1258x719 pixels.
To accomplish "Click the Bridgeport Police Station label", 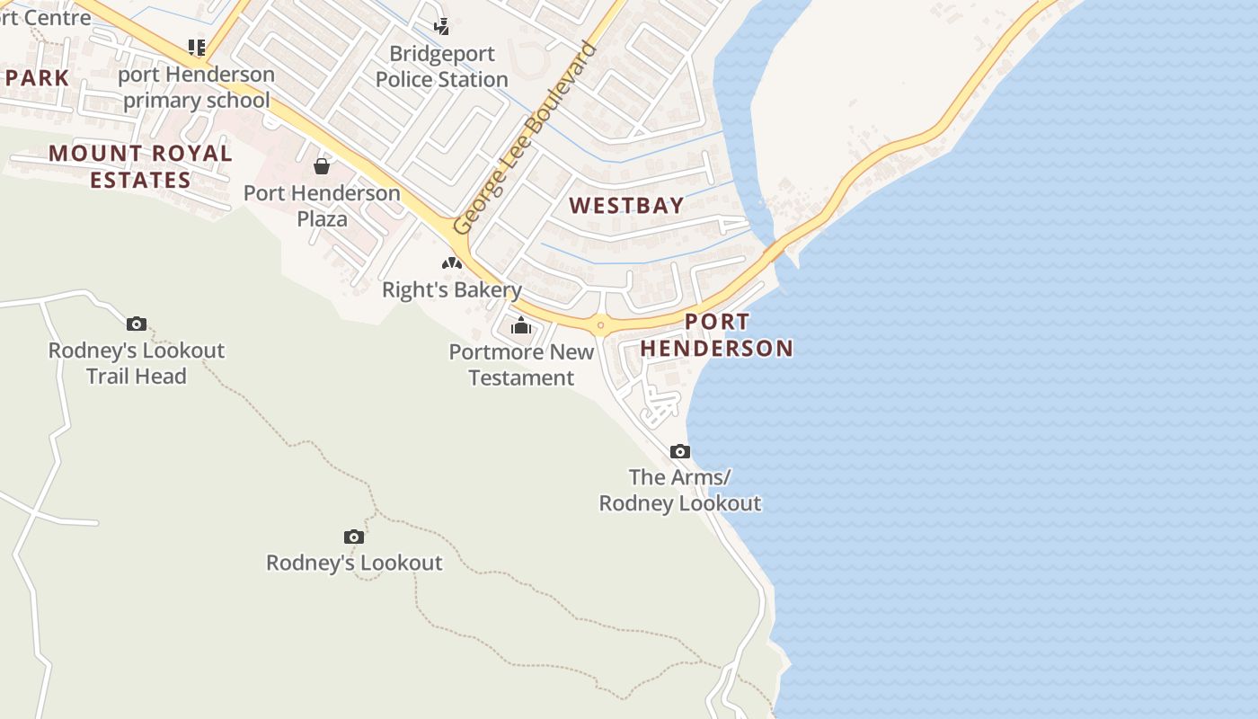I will click(x=441, y=67).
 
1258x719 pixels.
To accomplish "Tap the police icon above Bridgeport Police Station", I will click(x=441, y=26).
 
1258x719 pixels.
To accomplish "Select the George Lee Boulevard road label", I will click(x=525, y=138).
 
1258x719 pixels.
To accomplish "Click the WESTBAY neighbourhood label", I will click(x=626, y=205).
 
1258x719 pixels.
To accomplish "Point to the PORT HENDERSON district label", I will click(x=717, y=335).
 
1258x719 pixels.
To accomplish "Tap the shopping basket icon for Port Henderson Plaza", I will click(x=322, y=166).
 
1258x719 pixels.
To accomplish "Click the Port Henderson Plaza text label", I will click(x=322, y=206).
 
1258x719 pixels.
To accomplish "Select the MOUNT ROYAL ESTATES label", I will click(x=140, y=166).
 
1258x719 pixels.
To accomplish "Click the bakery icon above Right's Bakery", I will click(x=451, y=263).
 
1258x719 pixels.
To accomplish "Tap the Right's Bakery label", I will click(x=451, y=289).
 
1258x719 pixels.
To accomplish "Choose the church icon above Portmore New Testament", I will click(x=521, y=325).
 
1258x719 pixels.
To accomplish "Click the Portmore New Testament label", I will click(x=521, y=364).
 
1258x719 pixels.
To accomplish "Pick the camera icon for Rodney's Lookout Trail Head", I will click(x=137, y=324).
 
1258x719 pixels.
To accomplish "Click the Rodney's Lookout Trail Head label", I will click(x=137, y=363).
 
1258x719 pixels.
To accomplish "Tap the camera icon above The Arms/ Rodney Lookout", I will click(x=680, y=451).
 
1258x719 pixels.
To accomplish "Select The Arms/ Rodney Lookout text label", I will click(x=680, y=490).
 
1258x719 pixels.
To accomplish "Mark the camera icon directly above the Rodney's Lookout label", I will click(x=354, y=537).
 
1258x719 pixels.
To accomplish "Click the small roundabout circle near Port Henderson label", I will click(x=600, y=324).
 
